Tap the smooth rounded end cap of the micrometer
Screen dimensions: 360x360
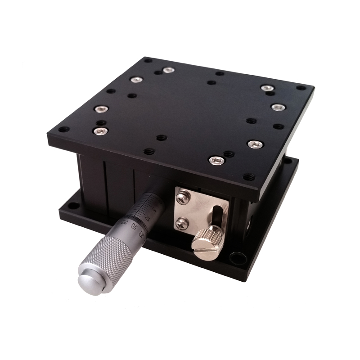[90, 280]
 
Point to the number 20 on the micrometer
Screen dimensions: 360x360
[134, 227]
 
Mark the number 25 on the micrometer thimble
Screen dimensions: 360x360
[141, 234]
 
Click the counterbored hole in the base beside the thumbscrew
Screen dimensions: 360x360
[237, 258]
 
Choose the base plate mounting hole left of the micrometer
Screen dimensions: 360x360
[74, 206]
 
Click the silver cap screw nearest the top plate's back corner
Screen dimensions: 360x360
[168, 70]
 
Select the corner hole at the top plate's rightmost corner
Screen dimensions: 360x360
[300, 88]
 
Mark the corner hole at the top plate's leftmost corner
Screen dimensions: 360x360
[64, 130]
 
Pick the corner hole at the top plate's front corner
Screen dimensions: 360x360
[247, 177]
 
